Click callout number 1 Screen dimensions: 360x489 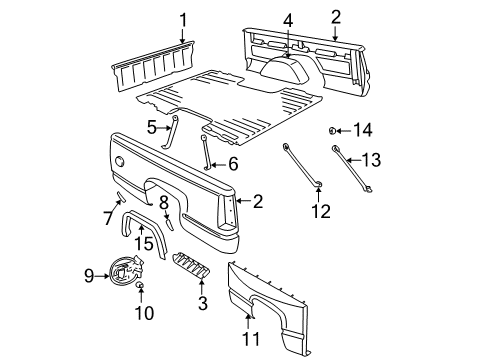tap(183, 19)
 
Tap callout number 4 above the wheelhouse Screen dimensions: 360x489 tap(287, 19)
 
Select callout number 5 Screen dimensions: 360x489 tap(153, 127)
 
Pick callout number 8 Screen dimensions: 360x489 tap(164, 203)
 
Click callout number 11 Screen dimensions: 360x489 tap(251, 338)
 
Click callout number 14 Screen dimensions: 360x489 tap(363, 129)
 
